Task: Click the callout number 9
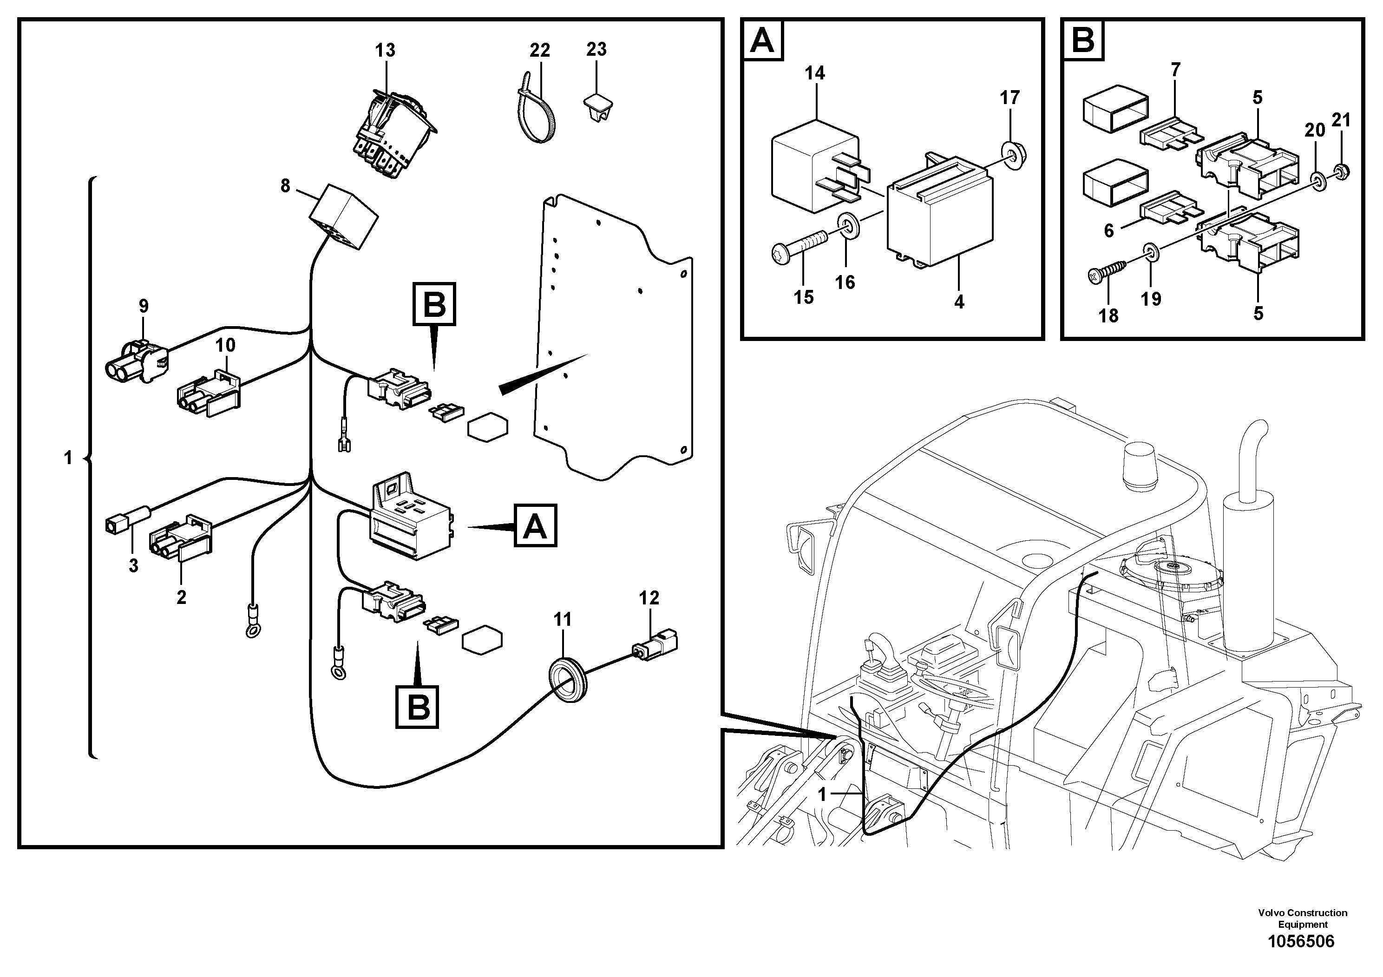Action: pos(144,306)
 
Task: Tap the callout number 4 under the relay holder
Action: pos(959,302)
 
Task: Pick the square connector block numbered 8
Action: pos(343,215)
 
